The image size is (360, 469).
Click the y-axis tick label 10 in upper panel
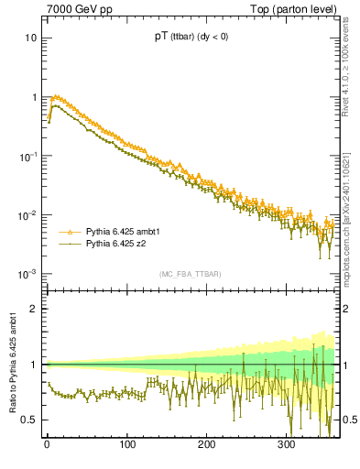(31, 38)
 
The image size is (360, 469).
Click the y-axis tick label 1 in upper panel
(34, 97)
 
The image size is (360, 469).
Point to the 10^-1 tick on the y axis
(28, 157)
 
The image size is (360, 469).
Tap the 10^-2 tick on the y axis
(28, 216)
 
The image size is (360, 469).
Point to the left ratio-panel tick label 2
(34, 309)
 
